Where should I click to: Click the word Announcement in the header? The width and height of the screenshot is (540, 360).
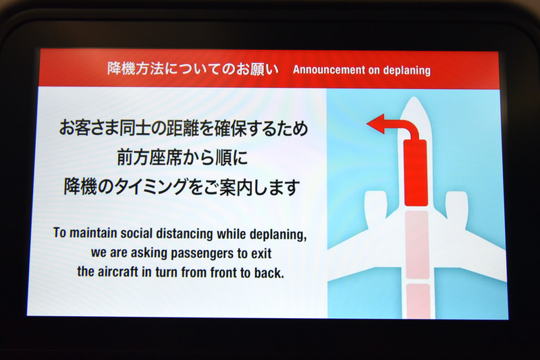tap(327, 70)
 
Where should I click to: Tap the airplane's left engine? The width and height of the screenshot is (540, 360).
tap(375, 205)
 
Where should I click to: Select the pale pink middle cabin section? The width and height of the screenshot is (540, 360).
tap(416, 243)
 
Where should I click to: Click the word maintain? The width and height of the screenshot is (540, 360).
tap(90, 234)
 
